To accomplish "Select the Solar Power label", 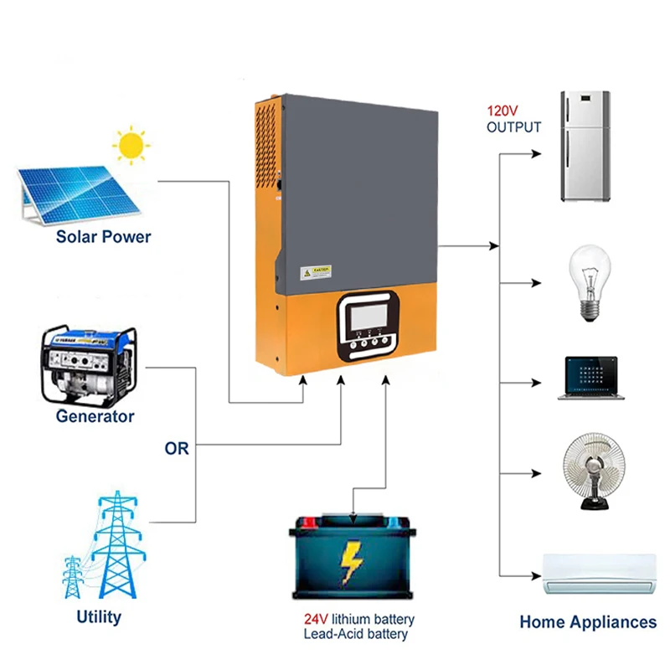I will pyautogui.click(x=104, y=237).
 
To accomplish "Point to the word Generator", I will pyautogui.click(x=95, y=416).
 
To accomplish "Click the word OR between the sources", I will pyautogui.click(x=177, y=449).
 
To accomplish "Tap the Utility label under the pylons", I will pyautogui.click(x=99, y=617).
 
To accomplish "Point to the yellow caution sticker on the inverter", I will pyautogui.click(x=317, y=272).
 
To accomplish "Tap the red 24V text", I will pyautogui.click(x=316, y=620).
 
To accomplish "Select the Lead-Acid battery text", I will pyautogui.click(x=356, y=634).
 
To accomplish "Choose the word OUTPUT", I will pyautogui.click(x=514, y=127).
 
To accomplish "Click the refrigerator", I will pyautogui.click(x=585, y=147).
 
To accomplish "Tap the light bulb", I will pyautogui.click(x=590, y=281).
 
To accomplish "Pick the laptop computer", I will pyautogui.click(x=592, y=379).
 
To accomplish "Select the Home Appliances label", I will pyautogui.click(x=588, y=622).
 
